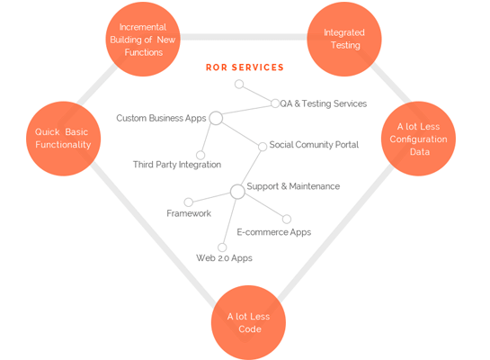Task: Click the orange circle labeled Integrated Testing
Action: click(x=344, y=39)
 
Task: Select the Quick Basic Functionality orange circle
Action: click(x=64, y=139)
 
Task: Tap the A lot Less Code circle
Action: click(x=248, y=322)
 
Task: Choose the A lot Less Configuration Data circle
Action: click(x=418, y=139)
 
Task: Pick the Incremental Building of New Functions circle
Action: click(x=143, y=39)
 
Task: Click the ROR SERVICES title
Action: click(x=245, y=67)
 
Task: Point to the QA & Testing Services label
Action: click(x=324, y=103)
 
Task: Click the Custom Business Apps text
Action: click(x=161, y=118)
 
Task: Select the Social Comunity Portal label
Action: click(x=314, y=145)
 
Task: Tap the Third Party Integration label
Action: click(x=177, y=165)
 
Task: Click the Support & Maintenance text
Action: click(x=293, y=186)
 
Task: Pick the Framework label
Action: click(x=189, y=213)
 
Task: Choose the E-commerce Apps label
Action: click(x=274, y=232)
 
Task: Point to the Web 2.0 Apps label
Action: click(x=224, y=258)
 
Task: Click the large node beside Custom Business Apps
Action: click(x=216, y=118)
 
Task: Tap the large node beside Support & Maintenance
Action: click(x=237, y=192)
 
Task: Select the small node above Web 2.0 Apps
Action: click(x=222, y=247)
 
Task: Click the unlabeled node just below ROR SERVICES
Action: click(x=239, y=84)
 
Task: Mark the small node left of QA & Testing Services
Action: click(x=275, y=103)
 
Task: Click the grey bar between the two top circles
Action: click(x=244, y=37)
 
